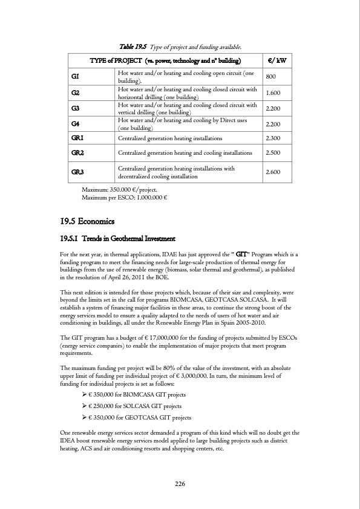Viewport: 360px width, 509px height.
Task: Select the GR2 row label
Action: pyautogui.click(x=77, y=153)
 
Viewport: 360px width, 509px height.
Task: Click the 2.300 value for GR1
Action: pyautogui.click(x=274, y=138)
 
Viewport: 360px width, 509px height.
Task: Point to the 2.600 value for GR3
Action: pyautogui.click(x=274, y=172)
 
